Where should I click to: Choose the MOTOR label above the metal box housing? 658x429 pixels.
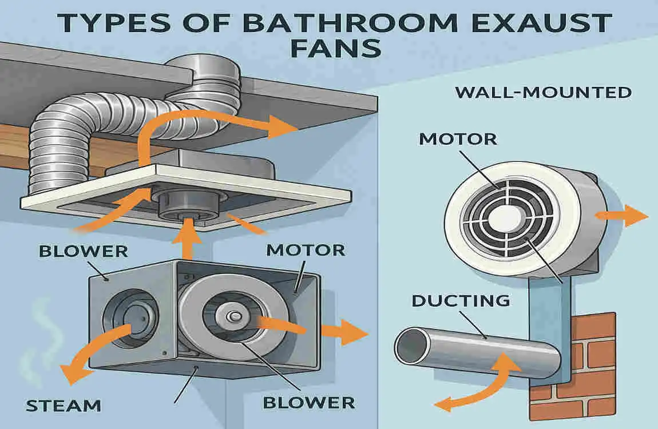tap(306, 250)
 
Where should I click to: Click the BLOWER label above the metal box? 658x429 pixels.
tap(84, 251)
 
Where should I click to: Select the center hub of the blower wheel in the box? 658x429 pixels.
tap(233, 316)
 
